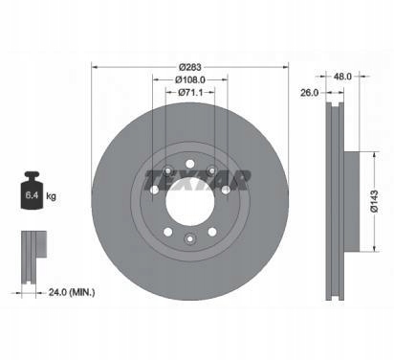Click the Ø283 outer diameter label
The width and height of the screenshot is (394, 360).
189,67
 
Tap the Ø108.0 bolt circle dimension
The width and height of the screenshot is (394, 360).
190,79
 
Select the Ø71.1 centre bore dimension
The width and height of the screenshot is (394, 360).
190,92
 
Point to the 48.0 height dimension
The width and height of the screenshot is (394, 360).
342,77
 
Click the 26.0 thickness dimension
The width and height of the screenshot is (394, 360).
309,93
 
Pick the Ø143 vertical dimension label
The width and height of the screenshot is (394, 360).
374,201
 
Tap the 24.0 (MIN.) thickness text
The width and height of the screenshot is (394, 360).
72,292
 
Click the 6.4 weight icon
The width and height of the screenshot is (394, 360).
32,191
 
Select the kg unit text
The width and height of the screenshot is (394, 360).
51,196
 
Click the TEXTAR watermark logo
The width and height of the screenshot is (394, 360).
197,180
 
